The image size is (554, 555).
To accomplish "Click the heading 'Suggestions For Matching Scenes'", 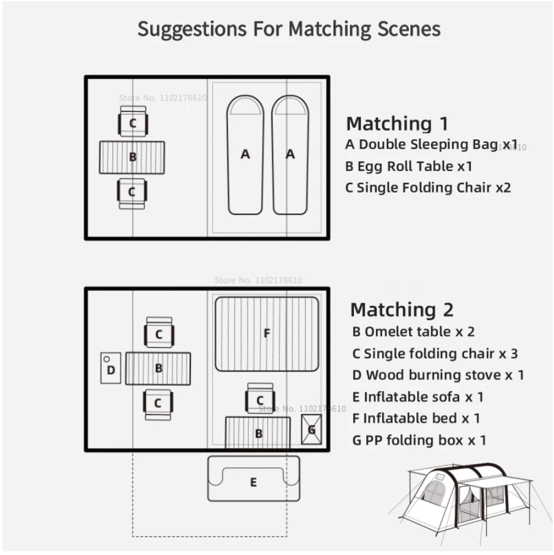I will click(x=289, y=29).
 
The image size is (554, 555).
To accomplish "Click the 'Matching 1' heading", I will click(x=397, y=123).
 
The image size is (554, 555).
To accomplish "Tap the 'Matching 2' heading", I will click(x=402, y=310).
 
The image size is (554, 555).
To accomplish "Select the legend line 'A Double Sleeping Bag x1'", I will click(x=431, y=145).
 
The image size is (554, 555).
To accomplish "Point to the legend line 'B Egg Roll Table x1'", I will click(x=408, y=166).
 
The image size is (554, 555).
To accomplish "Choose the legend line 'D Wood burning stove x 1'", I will click(x=438, y=375).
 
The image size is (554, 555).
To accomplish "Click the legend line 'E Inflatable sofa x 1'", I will click(x=418, y=397).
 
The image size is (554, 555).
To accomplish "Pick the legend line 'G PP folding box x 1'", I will click(x=419, y=440).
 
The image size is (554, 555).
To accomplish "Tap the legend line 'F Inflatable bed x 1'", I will click(x=416, y=419).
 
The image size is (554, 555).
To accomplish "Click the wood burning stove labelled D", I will click(x=111, y=368).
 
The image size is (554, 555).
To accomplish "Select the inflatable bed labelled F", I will click(x=267, y=334).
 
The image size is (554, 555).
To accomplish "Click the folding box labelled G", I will click(x=311, y=429).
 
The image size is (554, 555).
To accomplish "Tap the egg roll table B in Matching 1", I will click(x=132, y=157).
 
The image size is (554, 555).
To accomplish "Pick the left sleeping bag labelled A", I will click(x=245, y=155).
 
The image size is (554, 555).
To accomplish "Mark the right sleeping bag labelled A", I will click(x=290, y=155).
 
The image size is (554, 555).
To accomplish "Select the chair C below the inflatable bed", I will click(x=260, y=399).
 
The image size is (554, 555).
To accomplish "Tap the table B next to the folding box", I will click(x=258, y=433).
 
